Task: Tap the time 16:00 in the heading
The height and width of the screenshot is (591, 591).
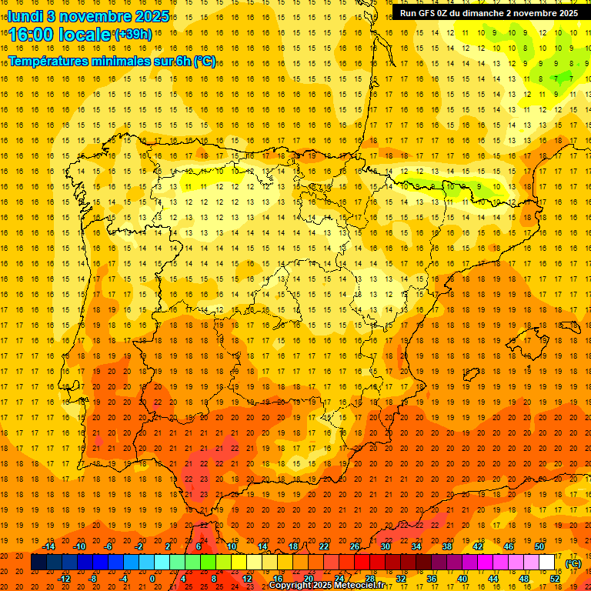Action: (x=30, y=34)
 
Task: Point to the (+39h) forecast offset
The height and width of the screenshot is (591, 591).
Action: (x=132, y=35)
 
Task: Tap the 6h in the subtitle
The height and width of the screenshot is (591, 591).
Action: (x=183, y=61)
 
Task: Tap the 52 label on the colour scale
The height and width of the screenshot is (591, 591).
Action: (x=555, y=579)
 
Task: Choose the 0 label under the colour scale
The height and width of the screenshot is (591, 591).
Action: (x=152, y=579)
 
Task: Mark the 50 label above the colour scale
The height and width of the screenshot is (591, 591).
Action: (x=539, y=546)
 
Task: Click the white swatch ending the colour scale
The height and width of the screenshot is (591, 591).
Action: (x=547, y=563)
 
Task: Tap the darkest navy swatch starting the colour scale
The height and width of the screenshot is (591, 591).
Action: (x=38, y=563)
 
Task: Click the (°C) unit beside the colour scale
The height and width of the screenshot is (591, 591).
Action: (x=573, y=563)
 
